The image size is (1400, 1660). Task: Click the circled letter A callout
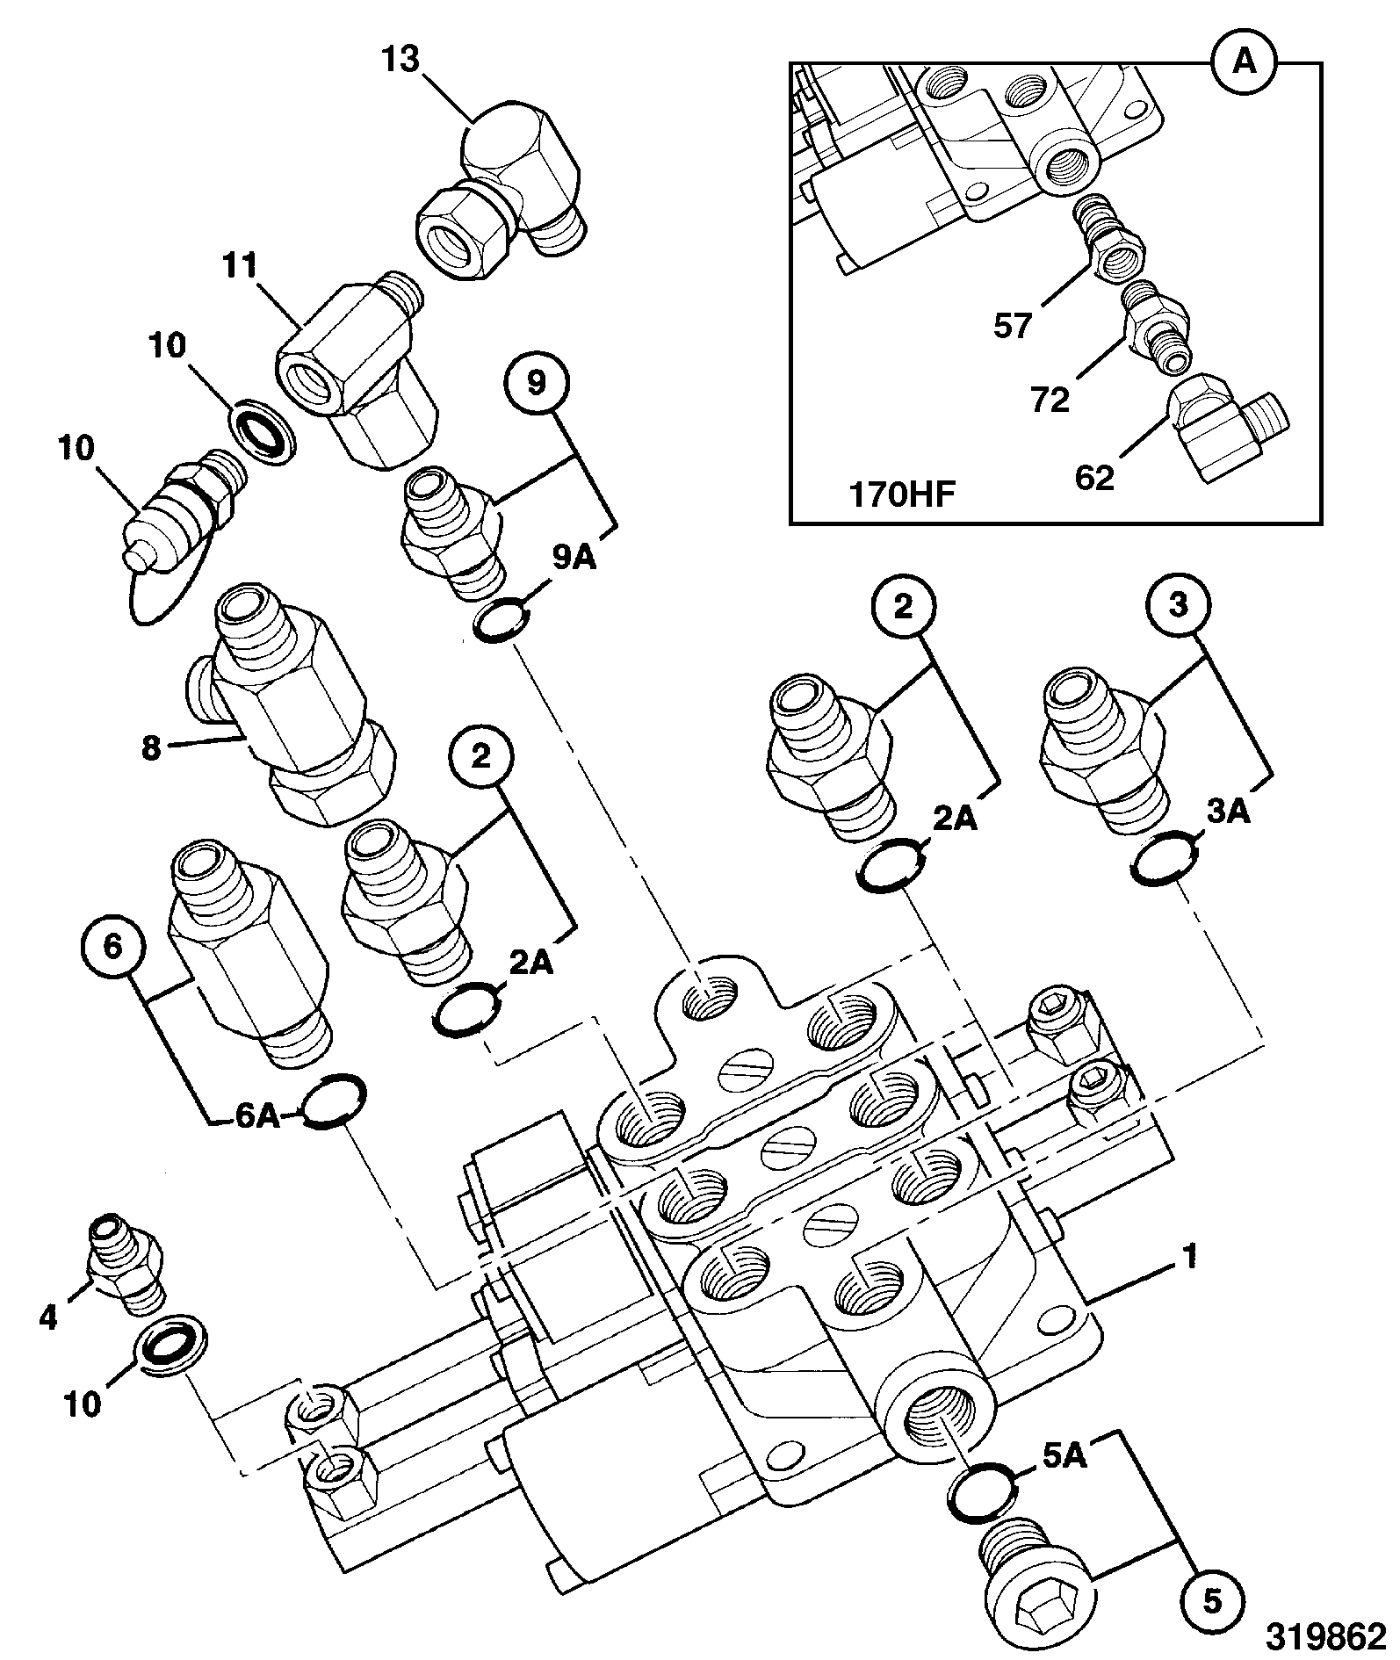[1245, 62]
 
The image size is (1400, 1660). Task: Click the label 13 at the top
[401, 61]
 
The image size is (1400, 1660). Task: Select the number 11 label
[238, 266]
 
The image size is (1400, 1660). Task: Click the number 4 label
[48, 1317]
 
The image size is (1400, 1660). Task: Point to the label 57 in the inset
[1012, 327]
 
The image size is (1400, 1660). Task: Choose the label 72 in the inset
[1050, 400]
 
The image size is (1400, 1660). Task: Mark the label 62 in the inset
[1094, 478]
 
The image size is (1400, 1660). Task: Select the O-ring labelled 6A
[330, 1101]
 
